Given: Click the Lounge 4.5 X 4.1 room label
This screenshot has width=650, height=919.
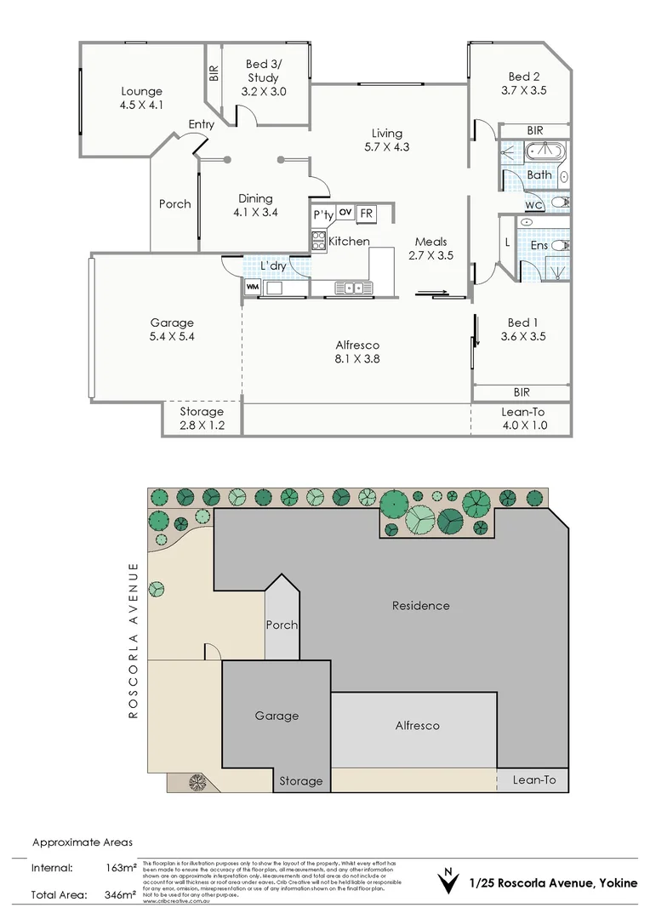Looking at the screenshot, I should (141, 99).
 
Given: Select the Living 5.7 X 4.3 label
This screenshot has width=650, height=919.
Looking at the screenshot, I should (386, 140).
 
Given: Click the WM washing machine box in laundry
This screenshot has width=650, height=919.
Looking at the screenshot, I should (253, 288).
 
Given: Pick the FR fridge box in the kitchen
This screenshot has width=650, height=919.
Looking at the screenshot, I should (366, 214).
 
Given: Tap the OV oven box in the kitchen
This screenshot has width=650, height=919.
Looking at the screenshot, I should (345, 212).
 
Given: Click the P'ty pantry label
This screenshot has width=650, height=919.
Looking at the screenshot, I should (322, 215).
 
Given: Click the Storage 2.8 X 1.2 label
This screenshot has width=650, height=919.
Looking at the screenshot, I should (202, 419).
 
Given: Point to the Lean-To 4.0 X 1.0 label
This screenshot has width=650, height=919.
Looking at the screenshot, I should (523, 419).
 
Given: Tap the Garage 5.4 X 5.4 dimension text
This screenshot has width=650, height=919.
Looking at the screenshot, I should (172, 336).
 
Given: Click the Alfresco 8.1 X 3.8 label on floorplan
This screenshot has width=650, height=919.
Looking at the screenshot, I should (356, 351).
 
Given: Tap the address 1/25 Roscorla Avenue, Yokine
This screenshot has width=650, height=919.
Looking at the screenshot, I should (553, 883).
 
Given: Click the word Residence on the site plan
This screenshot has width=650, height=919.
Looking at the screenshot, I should (420, 606).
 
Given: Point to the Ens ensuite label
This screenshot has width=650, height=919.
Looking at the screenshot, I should (539, 245).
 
